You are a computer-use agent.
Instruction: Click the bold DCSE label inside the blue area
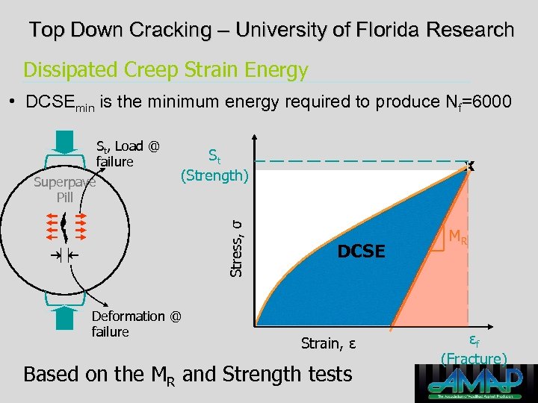pyautogui.click(x=361, y=252)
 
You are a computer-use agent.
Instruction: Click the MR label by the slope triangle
pyautogui.click(x=458, y=238)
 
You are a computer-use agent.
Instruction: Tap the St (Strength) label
pyautogui.click(x=214, y=166)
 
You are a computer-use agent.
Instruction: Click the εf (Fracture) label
pyautogui.click(x=474, y=349)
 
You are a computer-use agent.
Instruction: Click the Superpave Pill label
pyautogui.click(x=65, y=190)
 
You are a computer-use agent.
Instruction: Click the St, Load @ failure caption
pyautogui.click(x=127, y=154)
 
